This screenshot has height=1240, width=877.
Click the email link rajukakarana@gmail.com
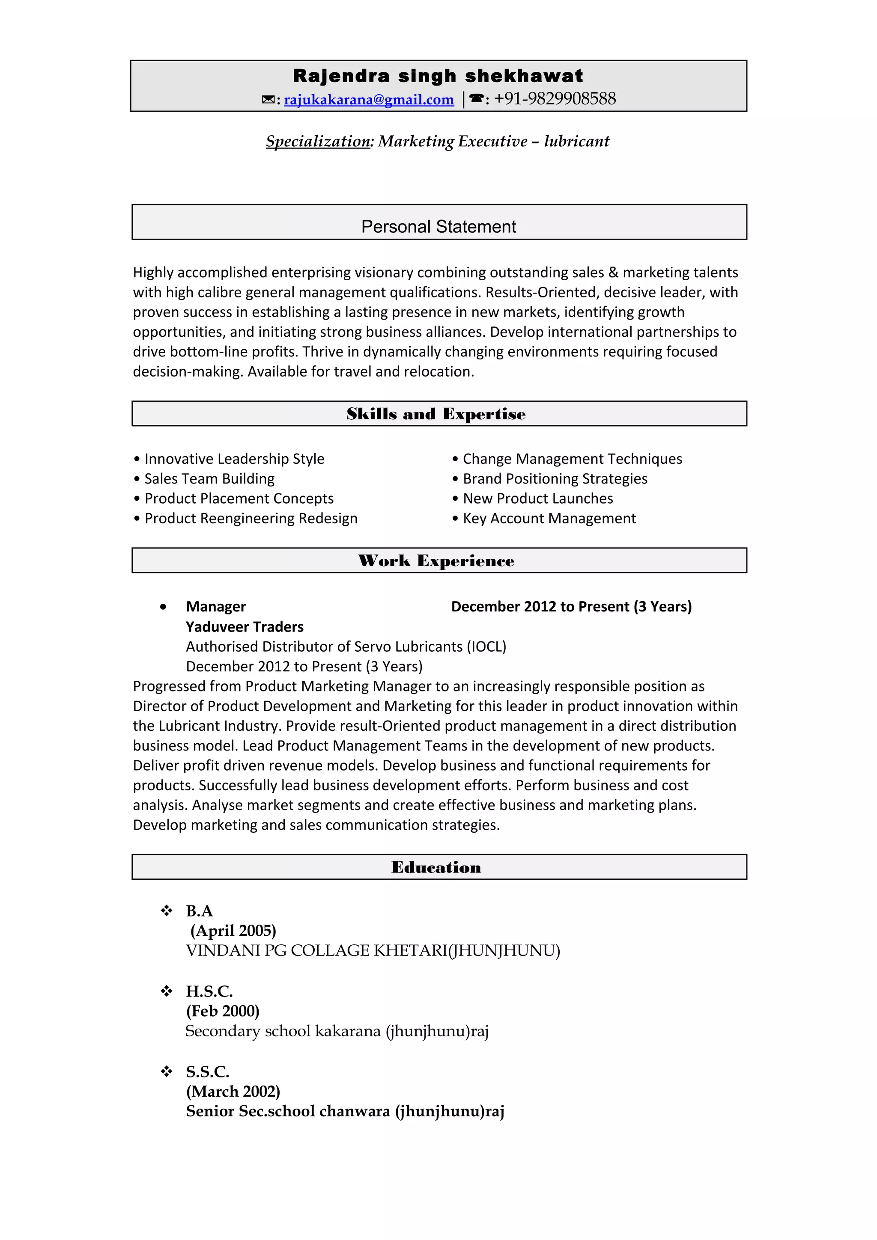[x=369, y=100]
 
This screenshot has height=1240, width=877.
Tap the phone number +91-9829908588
[x=555, y=99]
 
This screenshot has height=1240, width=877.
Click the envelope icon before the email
[x=268, y=100]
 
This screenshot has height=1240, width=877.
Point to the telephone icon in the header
[x=475, y=99]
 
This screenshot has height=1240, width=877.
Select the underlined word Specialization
[x=318, y=142]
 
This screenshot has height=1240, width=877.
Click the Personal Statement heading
[x=438, y=226]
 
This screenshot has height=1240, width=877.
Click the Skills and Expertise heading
[x=436, y=414]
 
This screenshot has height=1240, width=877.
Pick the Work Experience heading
[x=436, y=561]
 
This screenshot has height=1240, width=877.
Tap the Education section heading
[x=436, y=867]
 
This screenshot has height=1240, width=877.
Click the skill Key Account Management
[x=549, y=519]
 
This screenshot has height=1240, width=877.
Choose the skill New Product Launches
[x=538, y=498]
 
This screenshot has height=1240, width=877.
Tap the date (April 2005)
[x=233, y=931]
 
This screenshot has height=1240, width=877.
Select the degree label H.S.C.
[x=209, y=991]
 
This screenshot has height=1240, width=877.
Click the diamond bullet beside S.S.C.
[x=167, y=1071]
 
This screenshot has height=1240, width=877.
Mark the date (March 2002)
[x=233, y=1092]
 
